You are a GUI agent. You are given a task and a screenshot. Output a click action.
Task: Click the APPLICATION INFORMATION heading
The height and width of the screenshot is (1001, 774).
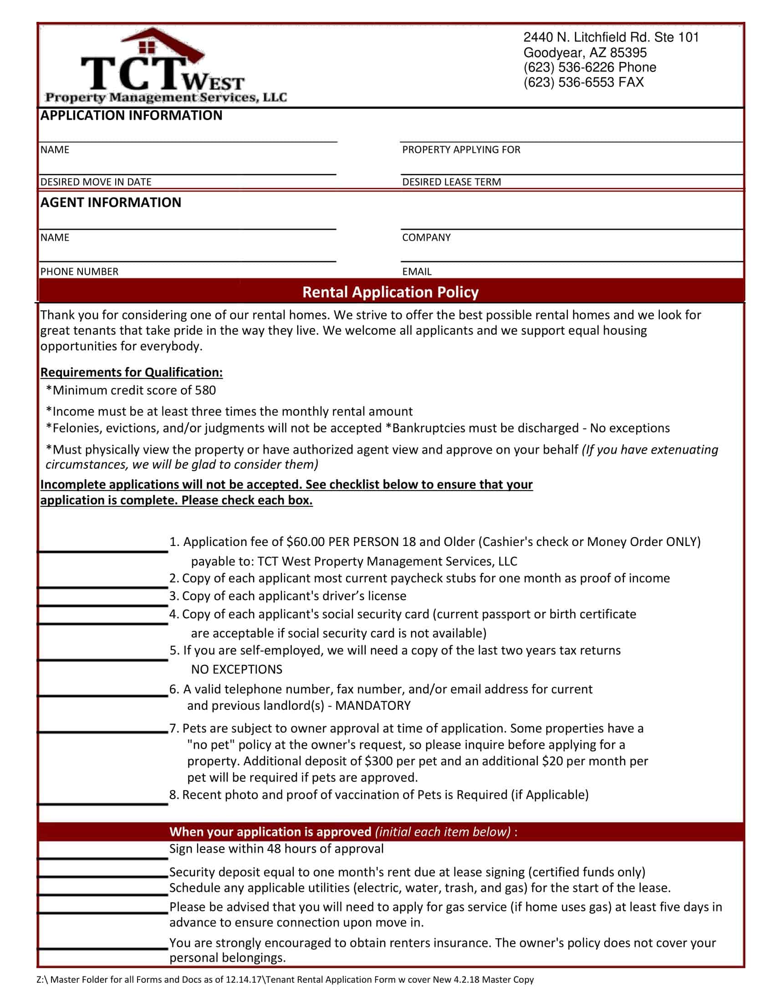131,116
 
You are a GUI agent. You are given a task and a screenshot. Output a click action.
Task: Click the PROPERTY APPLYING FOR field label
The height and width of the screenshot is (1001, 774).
461,150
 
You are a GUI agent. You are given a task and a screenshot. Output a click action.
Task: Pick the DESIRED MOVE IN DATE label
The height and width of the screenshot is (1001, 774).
96,182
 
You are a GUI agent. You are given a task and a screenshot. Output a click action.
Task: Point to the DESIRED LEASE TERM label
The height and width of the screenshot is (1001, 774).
451,182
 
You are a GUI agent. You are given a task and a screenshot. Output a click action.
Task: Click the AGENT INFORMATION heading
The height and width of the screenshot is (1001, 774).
111,202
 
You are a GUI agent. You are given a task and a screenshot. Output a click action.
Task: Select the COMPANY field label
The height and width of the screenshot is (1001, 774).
426,238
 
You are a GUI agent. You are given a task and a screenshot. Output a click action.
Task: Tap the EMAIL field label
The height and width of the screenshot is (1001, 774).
416,271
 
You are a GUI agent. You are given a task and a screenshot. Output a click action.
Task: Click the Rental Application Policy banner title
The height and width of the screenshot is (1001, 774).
390,292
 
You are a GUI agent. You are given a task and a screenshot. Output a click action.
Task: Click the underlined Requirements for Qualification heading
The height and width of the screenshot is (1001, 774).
131,372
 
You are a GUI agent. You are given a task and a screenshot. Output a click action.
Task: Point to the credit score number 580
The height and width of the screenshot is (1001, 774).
205,390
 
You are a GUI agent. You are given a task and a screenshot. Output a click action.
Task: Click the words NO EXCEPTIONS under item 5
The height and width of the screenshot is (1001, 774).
237,670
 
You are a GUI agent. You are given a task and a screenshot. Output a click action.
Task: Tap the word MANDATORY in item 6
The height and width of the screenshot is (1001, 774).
373,705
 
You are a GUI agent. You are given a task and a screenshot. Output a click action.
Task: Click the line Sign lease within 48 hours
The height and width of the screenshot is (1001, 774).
276,849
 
